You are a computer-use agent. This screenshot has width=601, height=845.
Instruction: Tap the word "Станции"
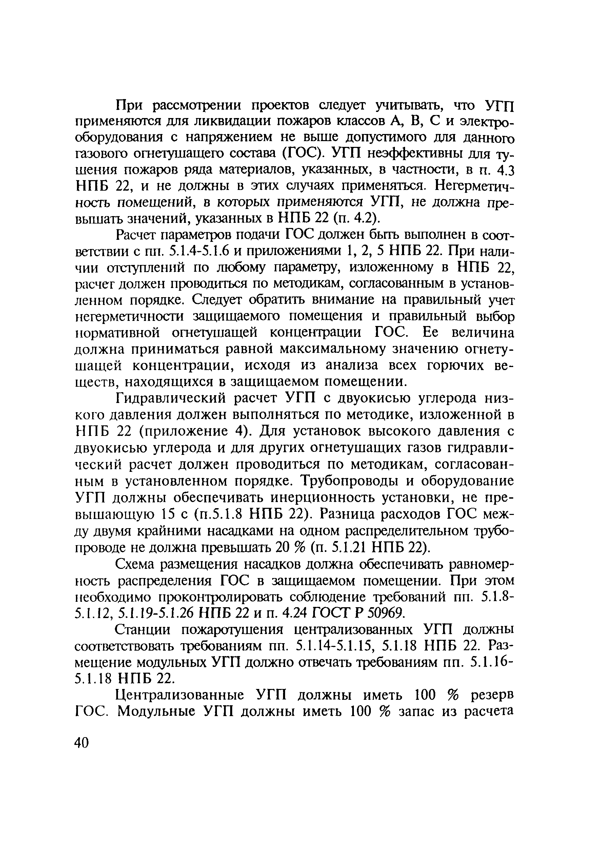tap(143, 630)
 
